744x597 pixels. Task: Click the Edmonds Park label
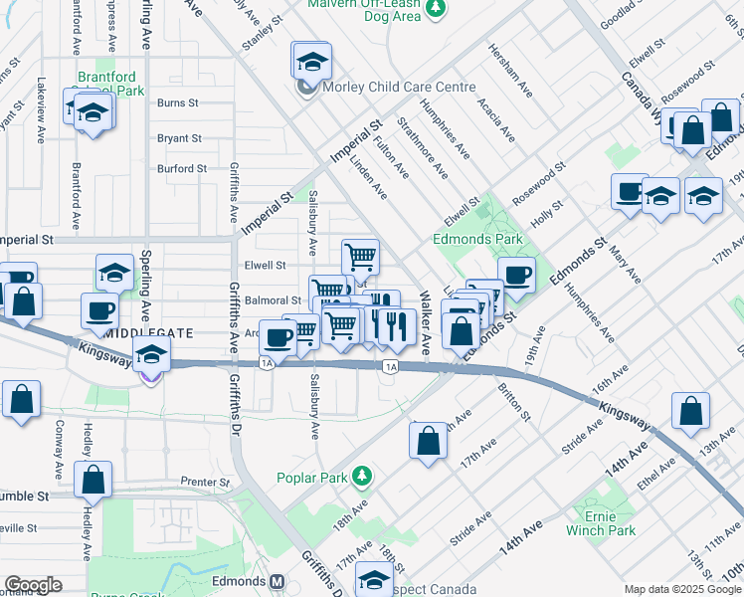(x=477, y=240)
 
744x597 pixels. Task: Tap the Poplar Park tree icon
(x=363, y=477)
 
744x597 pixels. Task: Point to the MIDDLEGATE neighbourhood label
(x=144, y=333)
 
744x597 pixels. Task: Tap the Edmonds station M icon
(x=279, y=581)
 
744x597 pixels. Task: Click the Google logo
(x=33, y=585)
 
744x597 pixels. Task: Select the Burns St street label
(x=179, y=102)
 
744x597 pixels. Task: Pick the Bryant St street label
(x=179, y=138)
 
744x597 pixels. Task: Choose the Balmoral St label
(x=273, y=299)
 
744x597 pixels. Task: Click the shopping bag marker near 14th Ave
(x=690, y=410)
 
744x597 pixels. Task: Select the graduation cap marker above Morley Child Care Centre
(x=311, y=60)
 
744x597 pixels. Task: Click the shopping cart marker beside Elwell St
(x=359, y=256)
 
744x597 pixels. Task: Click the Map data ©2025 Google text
(x=681, y=589)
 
